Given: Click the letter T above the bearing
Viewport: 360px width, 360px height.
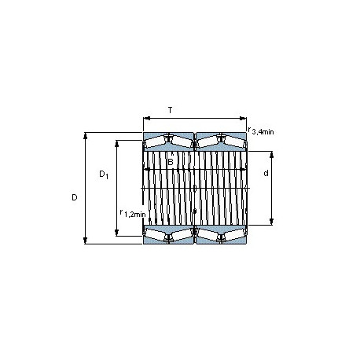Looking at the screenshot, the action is pyautogui.click(x=171, y=110).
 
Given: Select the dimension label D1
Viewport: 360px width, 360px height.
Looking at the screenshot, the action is pyautogui.click(x=104, y=174).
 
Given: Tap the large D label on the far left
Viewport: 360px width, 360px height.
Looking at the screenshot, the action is pyautogui.click(x=75, y=197).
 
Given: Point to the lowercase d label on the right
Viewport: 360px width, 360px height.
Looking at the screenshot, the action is pyautogui.click(x=266, y=173).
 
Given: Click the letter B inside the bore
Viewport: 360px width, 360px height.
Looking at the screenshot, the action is pyautogui.click(x=171, y=162).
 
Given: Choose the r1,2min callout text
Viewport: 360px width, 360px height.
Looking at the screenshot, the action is pyautogui.click(x=132, y=213).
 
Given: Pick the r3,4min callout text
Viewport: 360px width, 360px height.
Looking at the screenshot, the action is pyautogui.click(x=261, y=130).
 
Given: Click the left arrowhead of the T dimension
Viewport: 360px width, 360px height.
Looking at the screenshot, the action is pyautogui.click(x=147, y=119).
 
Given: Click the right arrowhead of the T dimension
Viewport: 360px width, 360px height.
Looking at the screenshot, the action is pyautogui.click(x=243, y=119).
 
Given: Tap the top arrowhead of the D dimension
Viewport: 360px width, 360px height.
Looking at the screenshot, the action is pyautogui.click(x=85, y=136).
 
